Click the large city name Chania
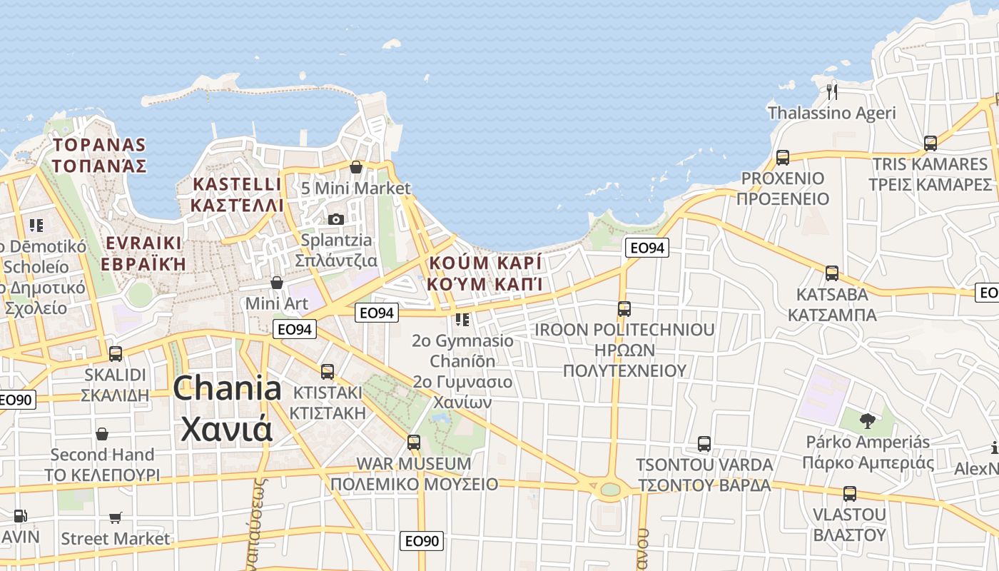click(x=228, y=389)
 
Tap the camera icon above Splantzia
click(x=335, y=219)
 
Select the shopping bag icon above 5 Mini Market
click(x=355, y=167)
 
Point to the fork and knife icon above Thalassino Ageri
click(x=831, y=91)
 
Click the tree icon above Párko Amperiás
click(x=867, y=421)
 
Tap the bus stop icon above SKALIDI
click(x=115, y=353)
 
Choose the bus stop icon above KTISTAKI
click(x=328, y=371)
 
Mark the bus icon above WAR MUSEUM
click(x=414, y=443)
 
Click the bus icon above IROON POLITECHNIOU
click(x=624, y=309)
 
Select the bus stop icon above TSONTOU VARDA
click(x=704, y=444)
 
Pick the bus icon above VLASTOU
click(x=849, y=494)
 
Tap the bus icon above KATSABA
click(x=832, y=273)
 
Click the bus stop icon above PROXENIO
click(x=783, y=158)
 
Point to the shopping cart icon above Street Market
click(x=116, y=517)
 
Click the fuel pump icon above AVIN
click(x=21, y=515)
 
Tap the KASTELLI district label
click(x=238, y=184)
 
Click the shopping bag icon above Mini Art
click(x=277, y=283)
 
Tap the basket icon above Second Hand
click(x=102, y=434)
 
